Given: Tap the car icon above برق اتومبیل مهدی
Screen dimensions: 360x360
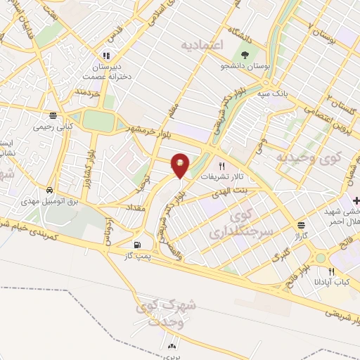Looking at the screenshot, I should pyautogui.click(x=49, y=191).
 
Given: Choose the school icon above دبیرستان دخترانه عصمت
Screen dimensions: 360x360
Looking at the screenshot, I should pyautogui.click(x=106, y=55).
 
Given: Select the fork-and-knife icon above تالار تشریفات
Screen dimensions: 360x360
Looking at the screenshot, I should pyautogui.click(x=222, y=166).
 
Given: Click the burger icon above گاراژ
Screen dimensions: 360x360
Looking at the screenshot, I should pyautogui.click(x=302, y=225).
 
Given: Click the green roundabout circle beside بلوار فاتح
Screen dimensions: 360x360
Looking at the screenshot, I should pyautogui.click(x=321, y=258).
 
